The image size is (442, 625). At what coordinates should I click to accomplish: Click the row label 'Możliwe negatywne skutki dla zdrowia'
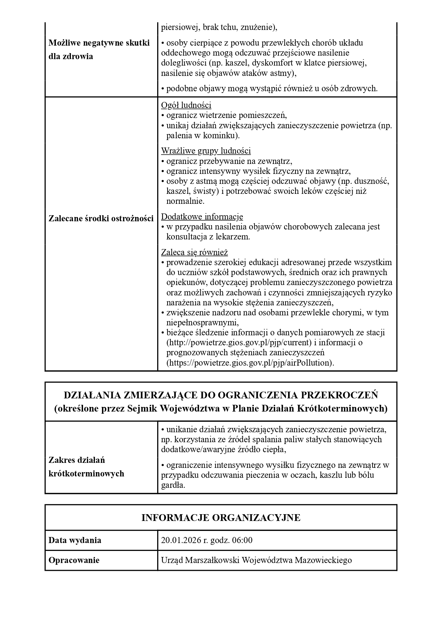point(99,50)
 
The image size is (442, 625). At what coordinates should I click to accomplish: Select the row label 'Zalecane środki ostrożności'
point(101,218)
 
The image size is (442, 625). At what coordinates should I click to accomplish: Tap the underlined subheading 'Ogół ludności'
point(186,105)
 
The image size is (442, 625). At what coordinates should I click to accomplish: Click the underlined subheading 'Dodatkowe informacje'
point(202,216)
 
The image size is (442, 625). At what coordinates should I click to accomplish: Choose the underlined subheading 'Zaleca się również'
point(194,252)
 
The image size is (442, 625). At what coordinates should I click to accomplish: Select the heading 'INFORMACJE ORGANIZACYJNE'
point(221,517)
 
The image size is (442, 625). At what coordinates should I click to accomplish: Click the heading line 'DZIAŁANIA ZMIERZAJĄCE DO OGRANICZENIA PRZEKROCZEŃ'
point(221,395)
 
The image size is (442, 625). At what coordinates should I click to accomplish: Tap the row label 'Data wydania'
point(75,540)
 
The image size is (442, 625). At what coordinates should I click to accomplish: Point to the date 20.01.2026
point(181,540)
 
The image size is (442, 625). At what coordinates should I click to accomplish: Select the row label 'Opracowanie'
point(74,560)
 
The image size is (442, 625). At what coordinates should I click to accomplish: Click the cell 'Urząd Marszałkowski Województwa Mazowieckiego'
point(256,560)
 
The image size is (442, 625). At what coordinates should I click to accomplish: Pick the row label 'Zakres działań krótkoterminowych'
point(86,467)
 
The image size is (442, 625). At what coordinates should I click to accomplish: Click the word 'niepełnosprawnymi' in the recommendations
point(202,322)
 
